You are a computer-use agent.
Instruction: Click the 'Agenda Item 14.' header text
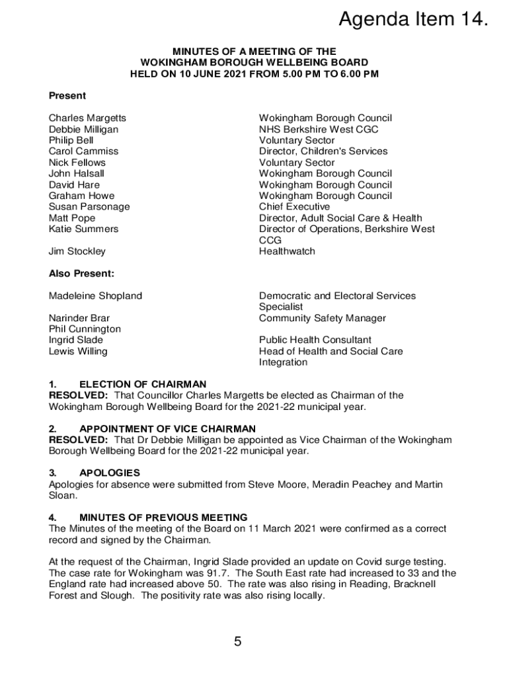pyautogui.click(x=414, y=20)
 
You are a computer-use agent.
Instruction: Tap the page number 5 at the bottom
pyautogui.click(x=237, y=641)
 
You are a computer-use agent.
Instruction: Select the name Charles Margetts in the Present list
pyautogui.click(x=87, y=118)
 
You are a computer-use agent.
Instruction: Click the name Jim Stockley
pyautogui.click(x=77, y=251)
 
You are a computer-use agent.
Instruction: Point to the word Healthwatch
pyautogui.click(x=287, y=251)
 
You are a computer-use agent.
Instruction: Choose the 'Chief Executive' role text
pyautogui.click(x=294, y=207)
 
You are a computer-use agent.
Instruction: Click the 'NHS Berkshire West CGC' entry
pyautogui.click(x=319, y=130)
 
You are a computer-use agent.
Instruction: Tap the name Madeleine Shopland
pyautogui.click(x=95, y=296)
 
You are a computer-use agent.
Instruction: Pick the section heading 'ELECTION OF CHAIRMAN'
pyautogui.click(x=143, y=384)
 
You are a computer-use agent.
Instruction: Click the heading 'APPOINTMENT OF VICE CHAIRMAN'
pyautogui.click(x=167, y=429)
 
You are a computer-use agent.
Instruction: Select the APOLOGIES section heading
pyautogui.click(x=110, y=473)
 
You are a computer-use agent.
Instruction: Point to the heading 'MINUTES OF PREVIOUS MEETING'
pyautogui.click(x=163, y=518)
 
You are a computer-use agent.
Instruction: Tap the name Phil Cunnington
pyautogui.click(x=85, y=329)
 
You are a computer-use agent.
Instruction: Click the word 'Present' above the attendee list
pyautogui.click(x=67, y=96)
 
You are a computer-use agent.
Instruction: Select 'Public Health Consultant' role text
pyautogui.click(x=315, y=340)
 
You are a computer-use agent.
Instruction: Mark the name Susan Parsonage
pyautogui.click(x=89, y=207)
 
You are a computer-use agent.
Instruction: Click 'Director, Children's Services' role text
pyautogui.click(x=323, y=151)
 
